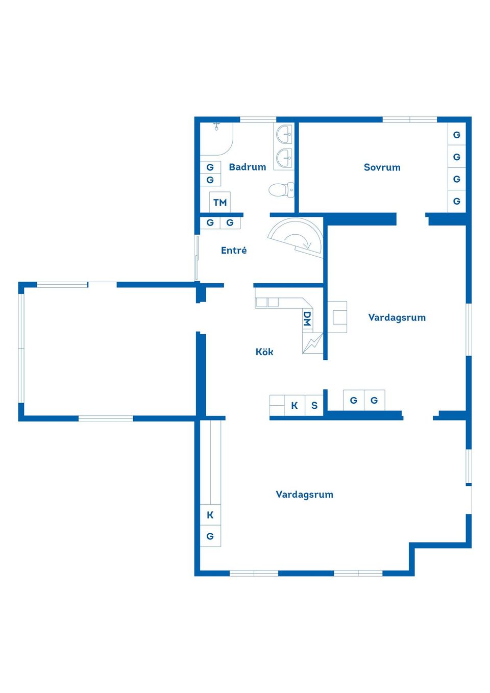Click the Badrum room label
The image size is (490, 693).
tap(247, 167)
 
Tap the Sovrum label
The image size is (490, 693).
tap(382, 167)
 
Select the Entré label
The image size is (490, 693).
tap(234, 250)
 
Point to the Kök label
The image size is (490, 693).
tap(264, 352)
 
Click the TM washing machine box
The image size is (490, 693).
tap(220, 202)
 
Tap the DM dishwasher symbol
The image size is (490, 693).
tap(307, 319)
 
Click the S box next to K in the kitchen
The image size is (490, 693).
tap(314, 406)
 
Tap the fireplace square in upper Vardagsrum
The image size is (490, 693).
tap(337, 317)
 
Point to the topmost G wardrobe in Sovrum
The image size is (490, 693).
tap(457, 135)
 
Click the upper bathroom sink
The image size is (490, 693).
tap(285, 135)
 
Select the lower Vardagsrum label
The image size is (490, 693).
tap(304, 494)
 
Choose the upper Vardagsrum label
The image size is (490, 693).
tap(397, 317)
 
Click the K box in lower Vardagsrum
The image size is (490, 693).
tap(210, 515)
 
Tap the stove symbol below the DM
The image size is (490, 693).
tap(312, 343)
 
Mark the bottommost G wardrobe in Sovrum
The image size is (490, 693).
tap(457, 201)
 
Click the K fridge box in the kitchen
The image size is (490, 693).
tap(295, 406)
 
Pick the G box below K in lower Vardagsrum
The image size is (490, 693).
tap(210, 536)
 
